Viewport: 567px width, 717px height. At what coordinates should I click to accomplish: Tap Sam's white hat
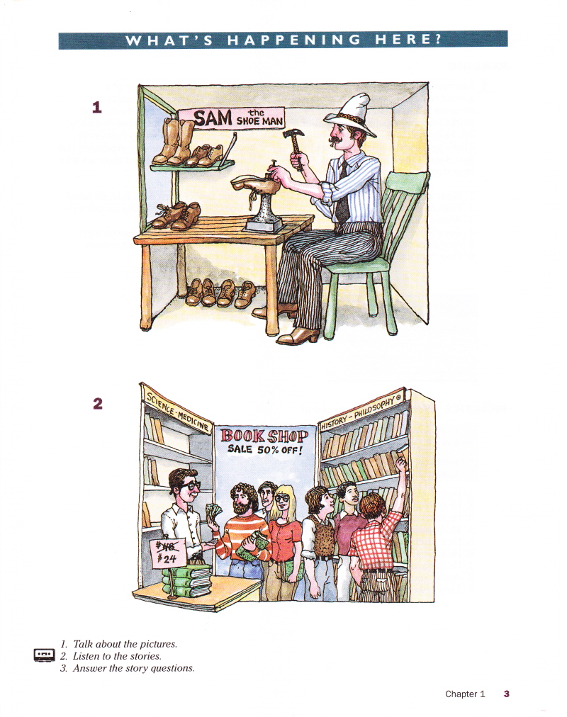click(350, 114)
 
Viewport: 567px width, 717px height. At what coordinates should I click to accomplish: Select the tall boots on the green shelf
click(174, 141)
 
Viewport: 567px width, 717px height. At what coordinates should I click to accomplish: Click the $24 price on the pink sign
click(167, 558)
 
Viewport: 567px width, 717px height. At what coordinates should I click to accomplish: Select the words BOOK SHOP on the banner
click(264, 435)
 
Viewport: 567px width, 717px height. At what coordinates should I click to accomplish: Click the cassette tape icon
click(45, 655)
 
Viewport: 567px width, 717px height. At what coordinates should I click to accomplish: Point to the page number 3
click(506, 694)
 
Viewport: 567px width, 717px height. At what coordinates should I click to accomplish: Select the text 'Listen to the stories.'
click(117, 656)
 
